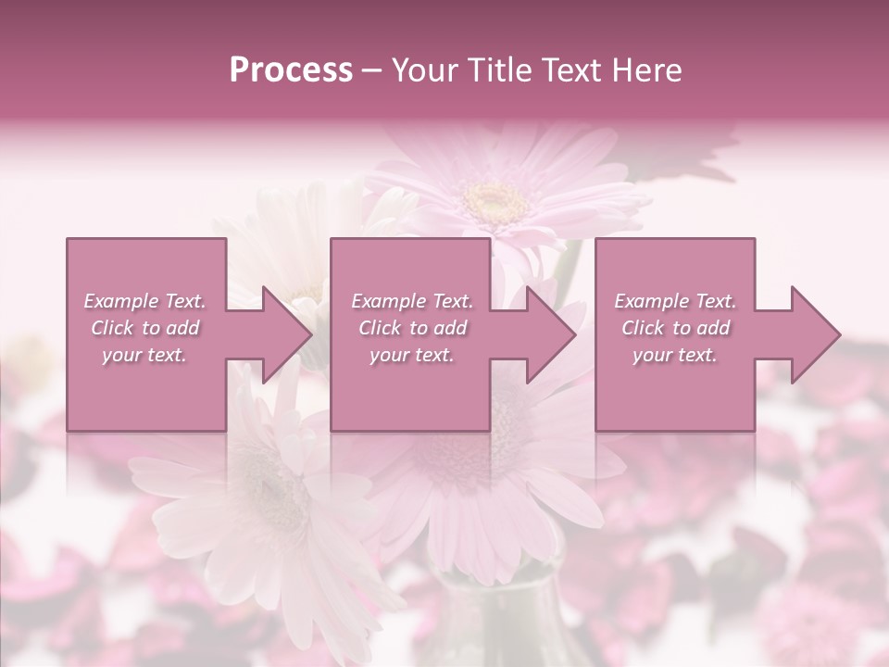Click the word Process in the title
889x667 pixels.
(x=291, y=70)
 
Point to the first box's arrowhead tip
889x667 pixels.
(x=311, y=334)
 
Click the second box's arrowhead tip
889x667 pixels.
(x=575, y=334)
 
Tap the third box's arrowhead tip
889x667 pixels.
(x=840, y=334)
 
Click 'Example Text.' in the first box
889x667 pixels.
(x=145, y=301)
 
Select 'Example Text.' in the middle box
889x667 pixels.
(x=412, y=301)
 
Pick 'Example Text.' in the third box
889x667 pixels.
(x=675, y=301)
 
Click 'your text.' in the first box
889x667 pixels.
(x=144, y=355)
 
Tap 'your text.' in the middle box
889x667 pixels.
(x=412, y=355)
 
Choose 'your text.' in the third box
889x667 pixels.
(x=675, y=355)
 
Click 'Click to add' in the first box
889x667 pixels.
(x=145, y=328)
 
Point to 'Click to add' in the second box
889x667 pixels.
(x=412, y=328)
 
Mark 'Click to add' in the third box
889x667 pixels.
(x=675, y=328)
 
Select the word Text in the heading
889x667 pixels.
(x=564, y=70)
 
